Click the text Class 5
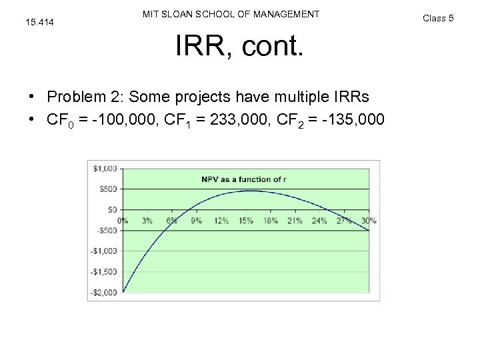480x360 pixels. (x=438, y=18)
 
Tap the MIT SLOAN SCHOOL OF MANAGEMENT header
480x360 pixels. (x=231, y=14)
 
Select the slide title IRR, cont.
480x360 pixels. (x=239, y=46)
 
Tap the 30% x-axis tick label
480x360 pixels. (x=369, y=221)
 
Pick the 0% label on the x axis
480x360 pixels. (x=123, y=221)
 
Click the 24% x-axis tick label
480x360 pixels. (x=319, y=221)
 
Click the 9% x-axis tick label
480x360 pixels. (x=196, y=221)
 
